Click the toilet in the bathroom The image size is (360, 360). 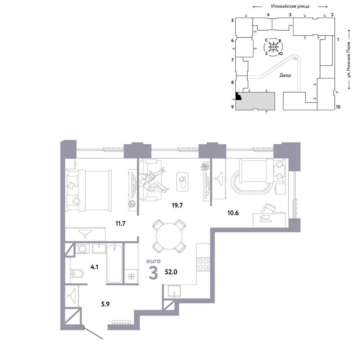pos(77,274)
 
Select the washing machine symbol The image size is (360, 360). pos(82,248)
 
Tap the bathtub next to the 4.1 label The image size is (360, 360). pos(114,264)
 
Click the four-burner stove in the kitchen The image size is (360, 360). pos(203,264)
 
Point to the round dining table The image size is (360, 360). pos(169,236)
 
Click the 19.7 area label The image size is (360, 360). pos(177,205)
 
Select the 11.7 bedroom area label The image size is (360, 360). pos(120,224)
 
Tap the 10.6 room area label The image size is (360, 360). pos(233,213)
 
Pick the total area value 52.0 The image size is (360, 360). pos(171,272)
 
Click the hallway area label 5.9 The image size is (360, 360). pos(105,304)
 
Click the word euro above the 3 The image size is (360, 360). pos(154,261)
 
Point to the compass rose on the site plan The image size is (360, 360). pos(274,47)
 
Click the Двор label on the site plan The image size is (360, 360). pos(285,75)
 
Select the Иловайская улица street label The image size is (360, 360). pos(290,6)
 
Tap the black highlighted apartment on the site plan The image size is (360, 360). pos(238,96)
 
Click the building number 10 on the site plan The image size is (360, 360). pos(338,107)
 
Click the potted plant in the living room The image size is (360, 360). pos(205,167)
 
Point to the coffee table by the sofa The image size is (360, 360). pos(183,182)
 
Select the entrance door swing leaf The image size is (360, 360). pos(93,332)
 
